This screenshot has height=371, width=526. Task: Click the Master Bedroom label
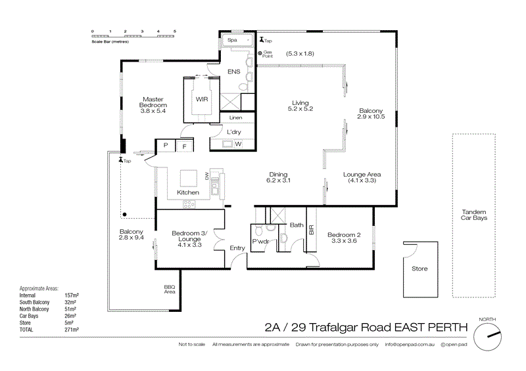coord(154,105)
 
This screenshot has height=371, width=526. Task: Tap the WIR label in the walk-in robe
coord(201,100)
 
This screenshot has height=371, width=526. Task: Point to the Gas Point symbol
coord(260,53)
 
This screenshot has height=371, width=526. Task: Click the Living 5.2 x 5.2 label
coord(301,105)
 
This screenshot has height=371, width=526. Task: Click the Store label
coord(419,269)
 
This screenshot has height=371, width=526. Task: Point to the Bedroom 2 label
coord(345,238)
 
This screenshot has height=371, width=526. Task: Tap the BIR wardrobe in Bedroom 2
coord(311,230)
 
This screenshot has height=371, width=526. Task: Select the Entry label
coord(237,248)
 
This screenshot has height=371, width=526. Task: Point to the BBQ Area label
coord(170,289)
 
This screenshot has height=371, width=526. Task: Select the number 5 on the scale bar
coord(175,31)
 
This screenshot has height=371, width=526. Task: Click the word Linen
coord(235,118)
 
